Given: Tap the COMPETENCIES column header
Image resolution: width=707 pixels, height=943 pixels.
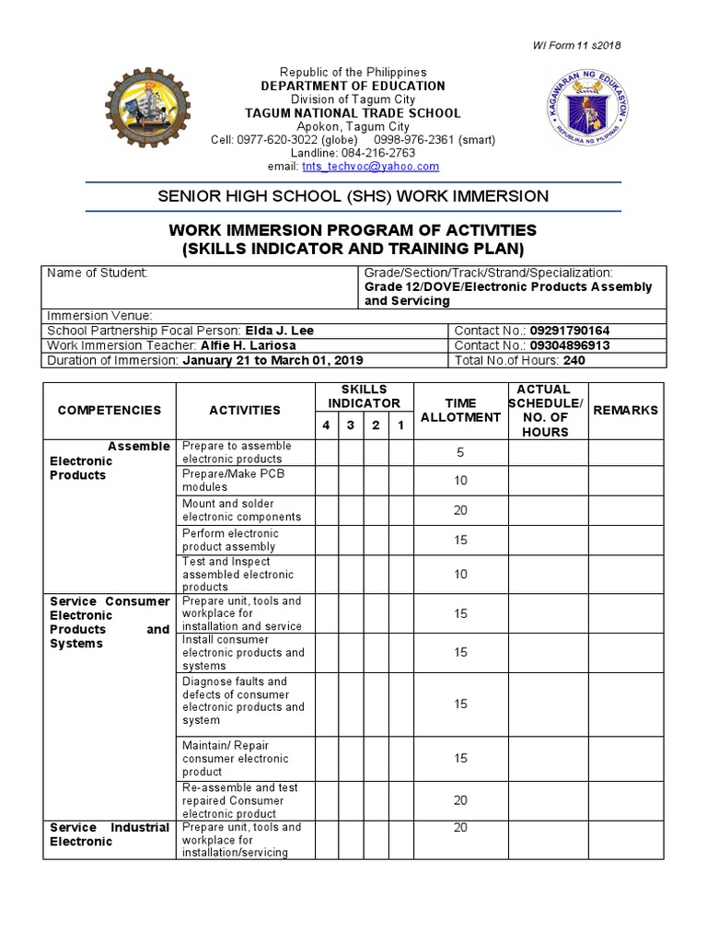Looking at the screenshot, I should (x=110, y=411).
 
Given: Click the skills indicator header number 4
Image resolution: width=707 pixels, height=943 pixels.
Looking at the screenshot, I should (x=325, y=425).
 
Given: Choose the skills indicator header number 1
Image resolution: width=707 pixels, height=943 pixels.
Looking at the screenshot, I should (x=400, y=425).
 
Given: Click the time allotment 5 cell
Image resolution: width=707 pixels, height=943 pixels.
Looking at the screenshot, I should (x=460, y=453).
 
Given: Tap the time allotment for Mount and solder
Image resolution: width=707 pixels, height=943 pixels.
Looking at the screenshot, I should (x=460, y=510).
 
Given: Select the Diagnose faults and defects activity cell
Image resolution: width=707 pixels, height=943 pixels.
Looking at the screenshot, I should (x=243, y=701).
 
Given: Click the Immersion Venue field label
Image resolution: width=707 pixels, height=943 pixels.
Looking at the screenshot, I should (x=99, y=316).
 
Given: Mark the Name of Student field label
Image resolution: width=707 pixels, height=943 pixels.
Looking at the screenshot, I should (x=97, y=274).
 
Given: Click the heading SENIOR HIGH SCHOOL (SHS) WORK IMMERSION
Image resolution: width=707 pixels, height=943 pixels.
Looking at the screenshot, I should (x=353, y=196).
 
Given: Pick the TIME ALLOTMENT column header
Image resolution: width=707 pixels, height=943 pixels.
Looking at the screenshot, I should (x=460, y=411).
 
